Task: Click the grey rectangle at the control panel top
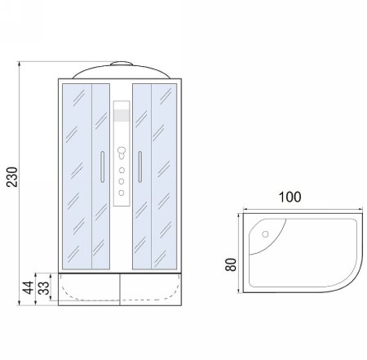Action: pyautogui.click(x=121, y=114)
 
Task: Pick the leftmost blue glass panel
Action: pyautogui.click(x=76, y=176)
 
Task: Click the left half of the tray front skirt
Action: pyautogui.click(x=89, y=289)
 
